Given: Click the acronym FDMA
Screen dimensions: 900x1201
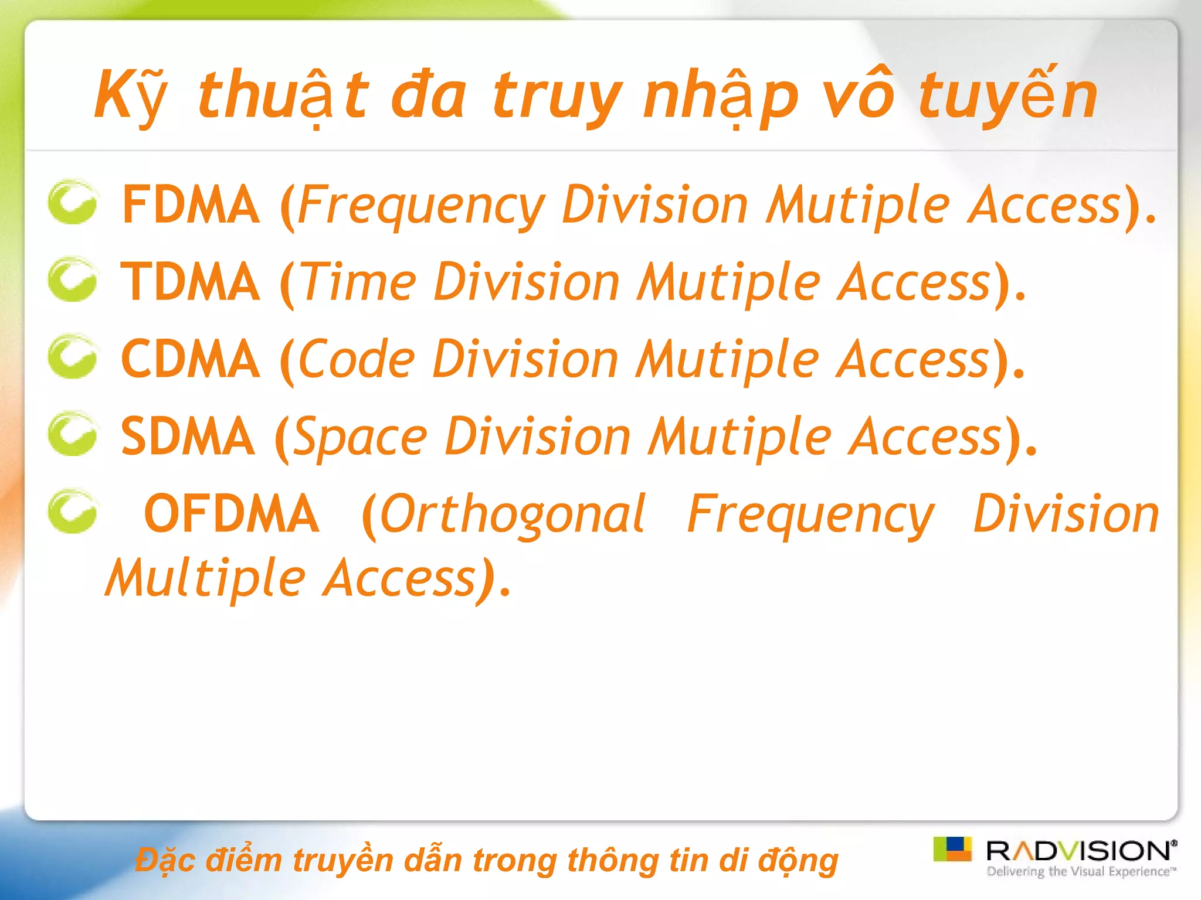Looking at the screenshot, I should point(191,204).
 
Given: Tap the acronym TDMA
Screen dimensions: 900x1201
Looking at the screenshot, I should point(191,282).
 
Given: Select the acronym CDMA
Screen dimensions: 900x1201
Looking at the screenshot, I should point(191,360).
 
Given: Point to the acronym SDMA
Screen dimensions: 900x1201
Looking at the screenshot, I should point(188,437).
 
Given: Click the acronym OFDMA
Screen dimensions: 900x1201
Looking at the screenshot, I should point(232,514).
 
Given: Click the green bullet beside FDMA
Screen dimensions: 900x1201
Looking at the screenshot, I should point(72,202).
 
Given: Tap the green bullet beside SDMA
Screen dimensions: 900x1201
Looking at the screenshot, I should point(72,434).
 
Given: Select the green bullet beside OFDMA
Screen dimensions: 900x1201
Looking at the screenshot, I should point(72,512).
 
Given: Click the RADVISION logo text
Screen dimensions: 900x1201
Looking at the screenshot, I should point(1080,851).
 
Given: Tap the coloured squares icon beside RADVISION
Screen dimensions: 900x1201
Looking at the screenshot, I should point(952,849).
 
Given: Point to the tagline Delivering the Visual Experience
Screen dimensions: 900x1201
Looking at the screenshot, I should point(1081,871).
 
